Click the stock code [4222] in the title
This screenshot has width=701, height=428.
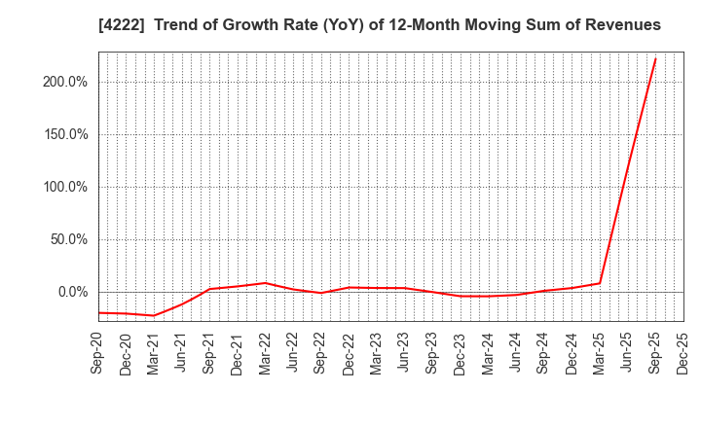[x=118, y=25]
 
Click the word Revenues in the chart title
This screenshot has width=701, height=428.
[x=622, y=25]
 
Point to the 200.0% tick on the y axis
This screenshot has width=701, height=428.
[x=65, y=83]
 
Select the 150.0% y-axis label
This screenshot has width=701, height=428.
[x=65, y=135]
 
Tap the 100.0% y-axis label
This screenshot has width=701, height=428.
[x=65, y=188]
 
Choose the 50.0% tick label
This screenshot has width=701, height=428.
[x=68, y=240]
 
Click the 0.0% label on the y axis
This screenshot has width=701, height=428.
[x=72, y=293]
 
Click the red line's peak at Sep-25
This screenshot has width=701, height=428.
[x=655, y=58]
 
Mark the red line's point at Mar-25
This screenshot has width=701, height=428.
[x=600, y=283]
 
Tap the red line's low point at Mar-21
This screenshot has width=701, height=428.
[x=154, y=315]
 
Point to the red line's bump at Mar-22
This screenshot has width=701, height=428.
[x=265, y=283]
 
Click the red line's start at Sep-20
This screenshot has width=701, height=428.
[x=99, y=312]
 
